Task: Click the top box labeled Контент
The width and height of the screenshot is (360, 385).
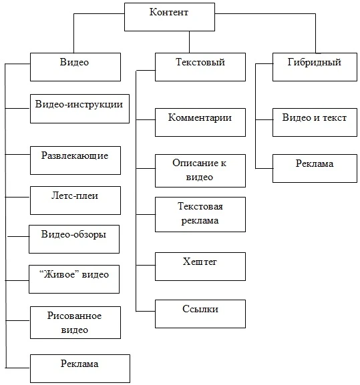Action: pyautogui.click(x=170, y=17)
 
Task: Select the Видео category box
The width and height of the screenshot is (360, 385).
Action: pyautogui.click(x=75, y=67)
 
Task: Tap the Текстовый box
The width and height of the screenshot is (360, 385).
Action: pyautogui.click(x=200, y=67)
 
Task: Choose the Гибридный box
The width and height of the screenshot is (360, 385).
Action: pyautogui.click(x=315, y=67)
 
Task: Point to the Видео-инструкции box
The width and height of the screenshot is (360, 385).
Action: pyautogui.click(x=80, y=109)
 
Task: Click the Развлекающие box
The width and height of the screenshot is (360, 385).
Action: pyautogui.click(x=75, y=161)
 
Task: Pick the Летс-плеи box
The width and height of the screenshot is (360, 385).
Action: pyautogui.click(x=75, y=201)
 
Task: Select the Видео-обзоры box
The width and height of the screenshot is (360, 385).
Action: pyautogui.click(x=74, y=239)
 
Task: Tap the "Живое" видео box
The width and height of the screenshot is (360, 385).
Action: pyautogui.click(x=74, y=279)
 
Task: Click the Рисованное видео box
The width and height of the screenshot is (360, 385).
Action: pyautogui.click(x=75, y=323)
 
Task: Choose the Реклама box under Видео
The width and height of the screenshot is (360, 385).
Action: pyautogui.click(x=80, y=368)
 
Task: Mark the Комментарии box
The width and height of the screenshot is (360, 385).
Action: pyautogui.click(x=200, y=123)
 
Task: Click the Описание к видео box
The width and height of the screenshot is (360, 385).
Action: pyautogui.click(x=200, y=171)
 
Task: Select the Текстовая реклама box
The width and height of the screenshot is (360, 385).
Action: pyautogui.click(x=200, y=215)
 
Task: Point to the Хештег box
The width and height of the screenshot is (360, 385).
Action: pyautogui.click(x=200, y=267)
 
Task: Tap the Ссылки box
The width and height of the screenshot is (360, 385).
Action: pyautogui.click(x=200, y=314)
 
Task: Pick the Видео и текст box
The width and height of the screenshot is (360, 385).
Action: pyautogui.click(x=315, y=123)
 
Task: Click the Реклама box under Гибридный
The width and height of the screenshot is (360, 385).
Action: pyautogui.click(x=315, y=168)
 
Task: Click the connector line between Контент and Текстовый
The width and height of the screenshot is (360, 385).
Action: pyautogui.click(x=189, y=42)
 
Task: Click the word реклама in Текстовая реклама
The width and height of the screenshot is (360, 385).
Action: pyautogui.click(x=200, y=220)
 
